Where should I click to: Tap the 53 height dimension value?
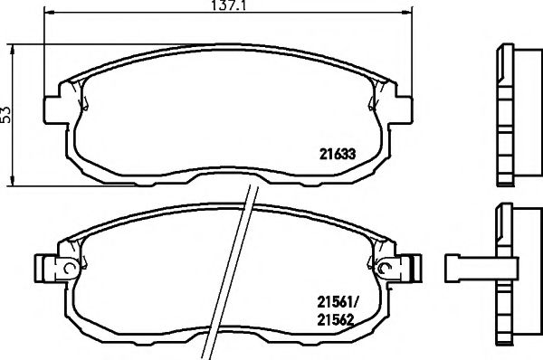click(x=7, y=113)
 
